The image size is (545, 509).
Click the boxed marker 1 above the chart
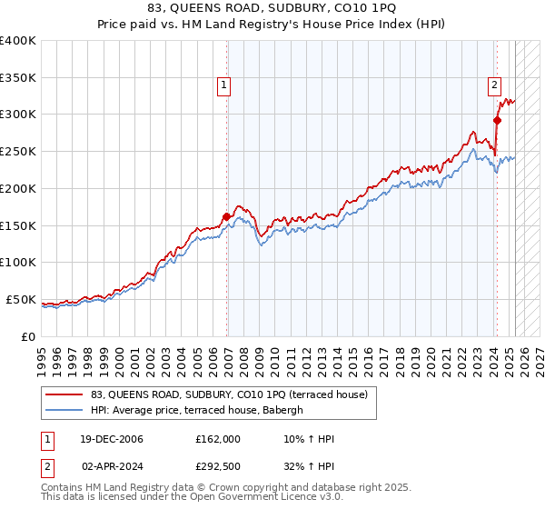223,86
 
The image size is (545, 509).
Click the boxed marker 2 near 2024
494,86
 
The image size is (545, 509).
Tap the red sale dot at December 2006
226,216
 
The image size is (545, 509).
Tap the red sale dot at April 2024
498,119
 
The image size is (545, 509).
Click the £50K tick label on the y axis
21,299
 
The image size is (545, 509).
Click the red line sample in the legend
64,394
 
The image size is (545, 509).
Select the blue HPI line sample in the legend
64,410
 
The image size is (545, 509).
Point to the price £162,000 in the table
218,439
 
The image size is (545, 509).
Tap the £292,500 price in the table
218,464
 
